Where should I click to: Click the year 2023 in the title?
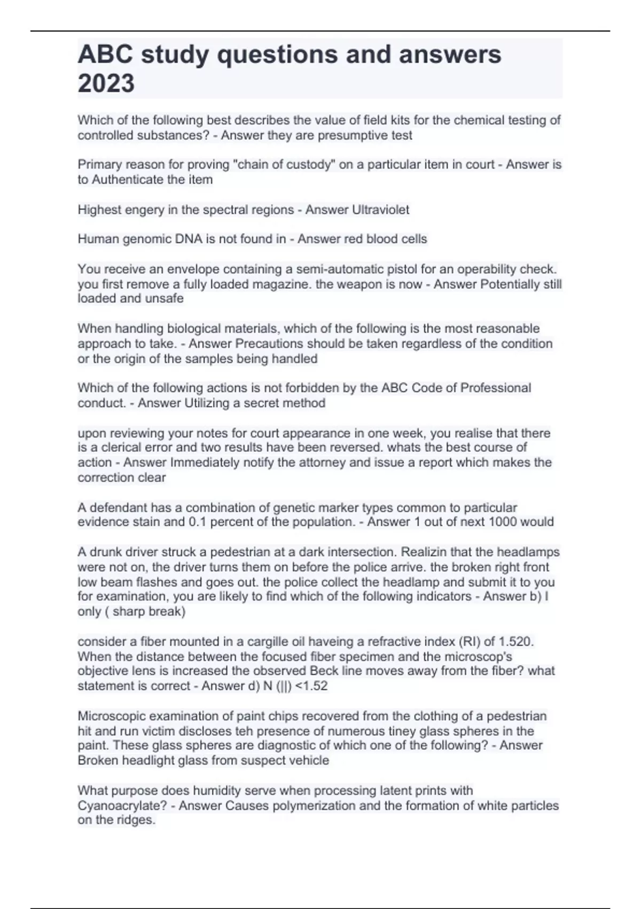tap(106, 83)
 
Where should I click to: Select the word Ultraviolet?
tap(380, 210)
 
